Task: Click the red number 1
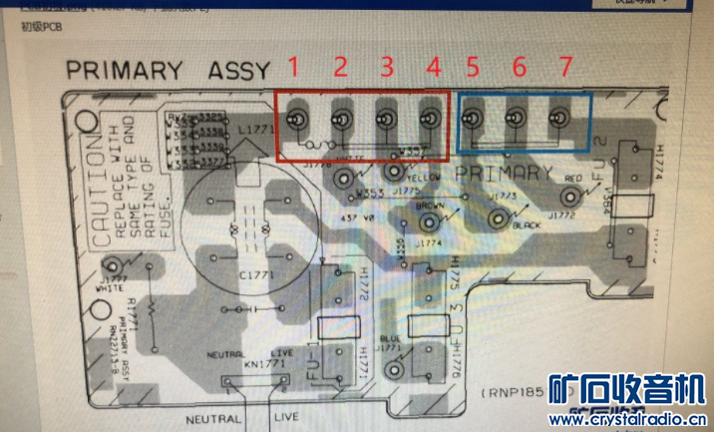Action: (293, 67)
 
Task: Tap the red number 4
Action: (432, 67)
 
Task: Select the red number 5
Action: (473, 67)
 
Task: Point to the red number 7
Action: (565, 67)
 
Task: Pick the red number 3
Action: (386, 67)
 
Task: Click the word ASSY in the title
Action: (238, 71)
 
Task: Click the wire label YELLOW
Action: (424, 176)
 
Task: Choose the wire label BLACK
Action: (526, 225)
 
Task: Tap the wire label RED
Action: (572, 179)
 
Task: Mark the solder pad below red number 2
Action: (340, 120)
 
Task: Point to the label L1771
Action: (253, 131)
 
